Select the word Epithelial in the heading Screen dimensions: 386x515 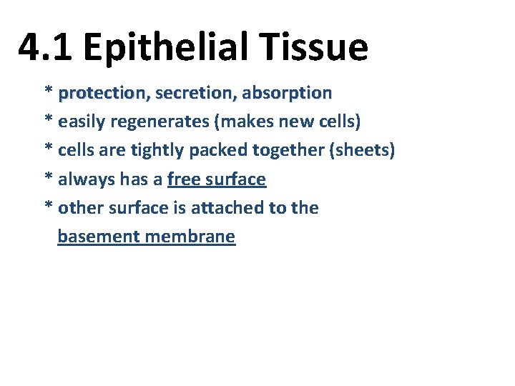point(167,48)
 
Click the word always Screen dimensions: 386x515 point(83,179)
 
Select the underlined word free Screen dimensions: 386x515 point(182,179)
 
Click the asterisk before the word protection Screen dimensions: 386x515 point(49,92)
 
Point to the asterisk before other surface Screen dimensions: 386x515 point(49,207)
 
